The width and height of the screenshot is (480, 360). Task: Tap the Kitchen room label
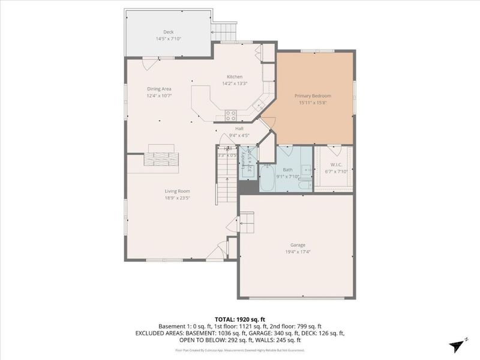pyautogui.click(x=234, y=77)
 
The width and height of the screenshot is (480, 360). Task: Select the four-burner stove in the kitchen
pyautogui.click(x=230, y=115)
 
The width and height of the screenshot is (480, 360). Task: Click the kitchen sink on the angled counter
pyautogui.click(x=259, y=106)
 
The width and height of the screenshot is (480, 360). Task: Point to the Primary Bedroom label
pyautogui.click(x=313, y=95)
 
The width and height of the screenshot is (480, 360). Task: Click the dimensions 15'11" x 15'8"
pyautogui.click(x=313, y=102)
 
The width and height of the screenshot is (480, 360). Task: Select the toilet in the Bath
pyautogui.click(x=305, y=170)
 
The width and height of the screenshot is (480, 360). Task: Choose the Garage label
pyautogui.click(x=298, y=245)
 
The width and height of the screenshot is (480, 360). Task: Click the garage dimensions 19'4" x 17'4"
pyautogui.click(x=298, y=251)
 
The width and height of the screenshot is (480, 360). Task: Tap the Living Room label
pyautogui.click(x=178, y=191)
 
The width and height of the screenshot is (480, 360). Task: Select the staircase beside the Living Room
pyautogui.click(x=226, y=180)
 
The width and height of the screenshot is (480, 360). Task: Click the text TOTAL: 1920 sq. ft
pyautogui.click(x=239, y=319)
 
